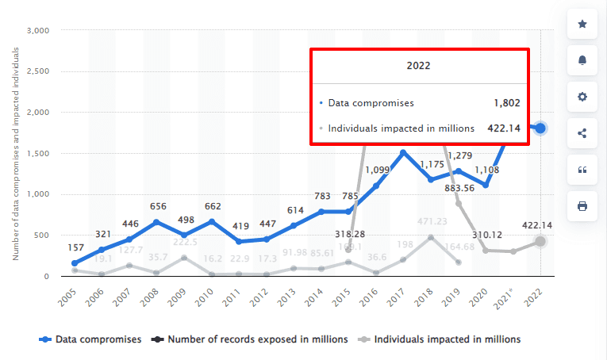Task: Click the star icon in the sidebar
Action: click(582, 25)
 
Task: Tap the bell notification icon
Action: click(582, 61)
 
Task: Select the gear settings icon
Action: click(582, 97)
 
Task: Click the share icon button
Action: click(582, 133)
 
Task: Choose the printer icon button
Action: click(582, 206)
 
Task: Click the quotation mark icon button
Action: click(582, 170)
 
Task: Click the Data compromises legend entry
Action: click(90, 339)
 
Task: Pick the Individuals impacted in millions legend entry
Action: click(441, 339)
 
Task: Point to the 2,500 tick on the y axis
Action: click(39, 71)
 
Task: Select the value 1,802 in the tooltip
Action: click(505, 103)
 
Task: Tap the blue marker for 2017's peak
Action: click(403, 153)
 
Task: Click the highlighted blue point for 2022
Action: click(540, 128)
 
